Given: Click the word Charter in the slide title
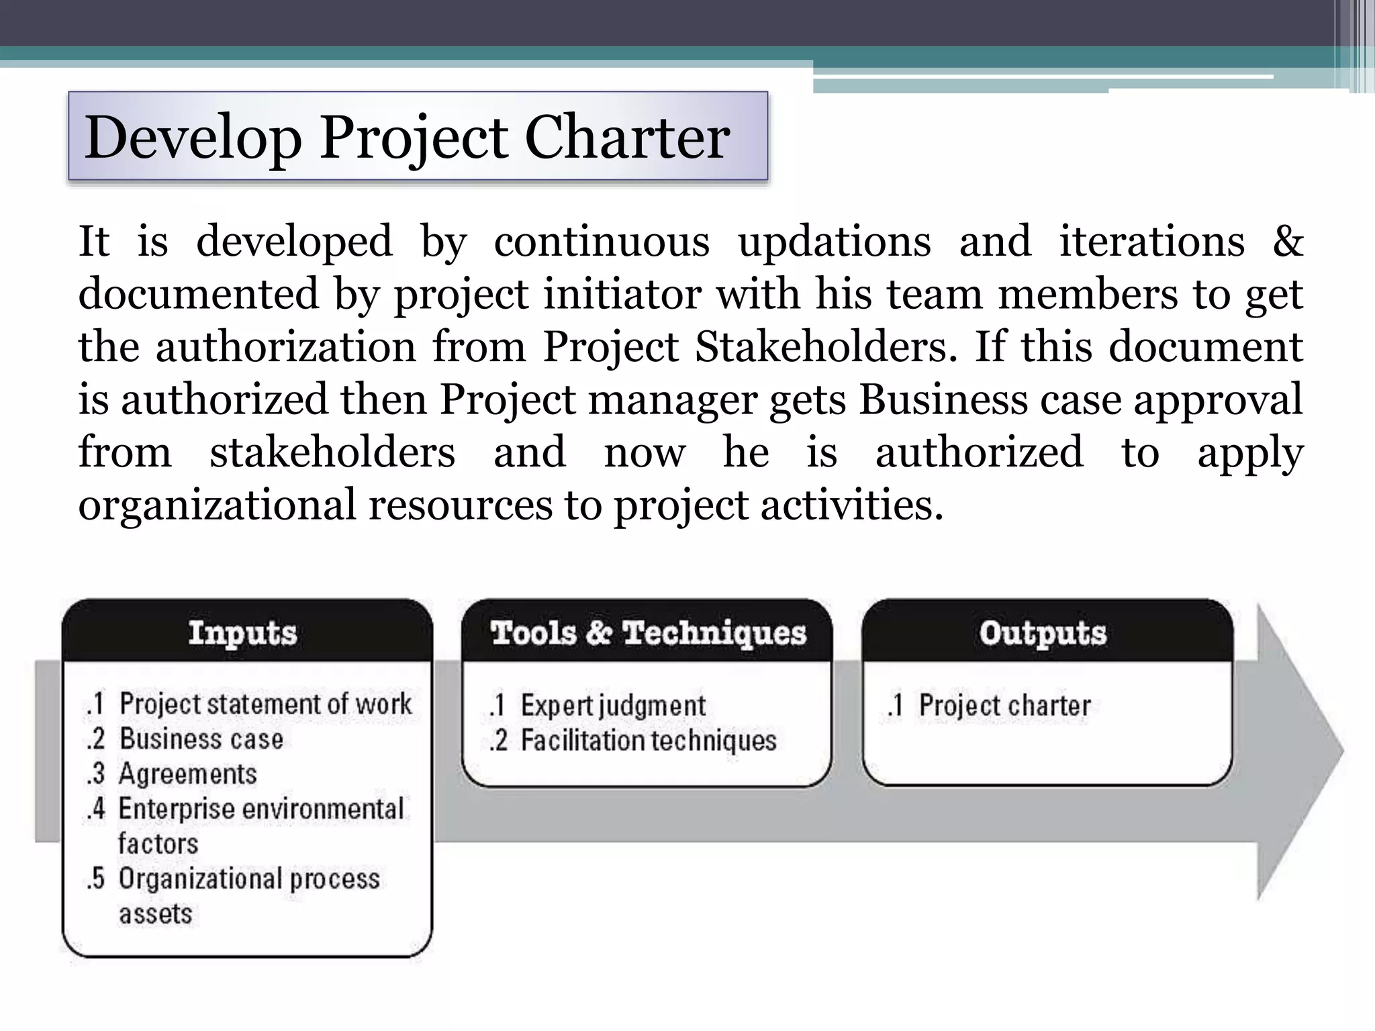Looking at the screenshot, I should tap(626, 138).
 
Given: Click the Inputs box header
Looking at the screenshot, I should tap(242, 632).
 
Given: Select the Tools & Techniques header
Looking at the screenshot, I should tap(648, 632).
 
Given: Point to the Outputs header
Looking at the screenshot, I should tap(1043, 632).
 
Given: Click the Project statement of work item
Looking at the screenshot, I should tap(265, 703).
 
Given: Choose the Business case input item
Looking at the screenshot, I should tap(201, 738).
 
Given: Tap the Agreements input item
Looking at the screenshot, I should tap(188, 773).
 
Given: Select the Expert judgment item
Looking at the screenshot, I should tap(613, 705).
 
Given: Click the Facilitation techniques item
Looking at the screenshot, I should tap(649, 740).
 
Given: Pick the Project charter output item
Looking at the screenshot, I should tap(1004, 705).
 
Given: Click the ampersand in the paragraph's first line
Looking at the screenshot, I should tap(1288, 242).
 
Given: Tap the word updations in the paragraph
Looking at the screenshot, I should tap(835, 242).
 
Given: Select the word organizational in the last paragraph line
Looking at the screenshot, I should tap(217, 505).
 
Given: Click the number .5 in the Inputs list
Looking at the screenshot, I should tap(95, 879).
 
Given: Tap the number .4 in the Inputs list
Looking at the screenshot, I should tap(95, 809).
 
